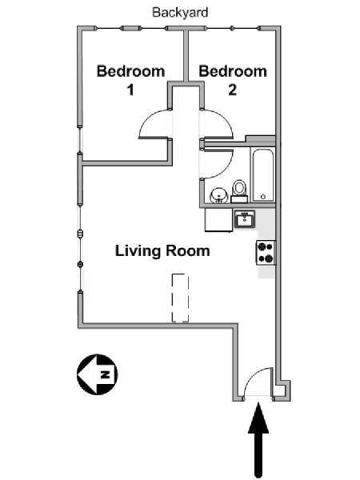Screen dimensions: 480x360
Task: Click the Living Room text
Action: coord(162,250)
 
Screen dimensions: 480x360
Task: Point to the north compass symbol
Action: coord(97,374)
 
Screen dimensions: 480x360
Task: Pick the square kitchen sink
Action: coord(245,218)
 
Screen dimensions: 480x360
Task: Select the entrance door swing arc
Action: coord(258,382)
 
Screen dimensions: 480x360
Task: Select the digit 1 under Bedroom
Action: coord(130,90)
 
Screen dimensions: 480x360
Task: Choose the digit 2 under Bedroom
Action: coord(232,90)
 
